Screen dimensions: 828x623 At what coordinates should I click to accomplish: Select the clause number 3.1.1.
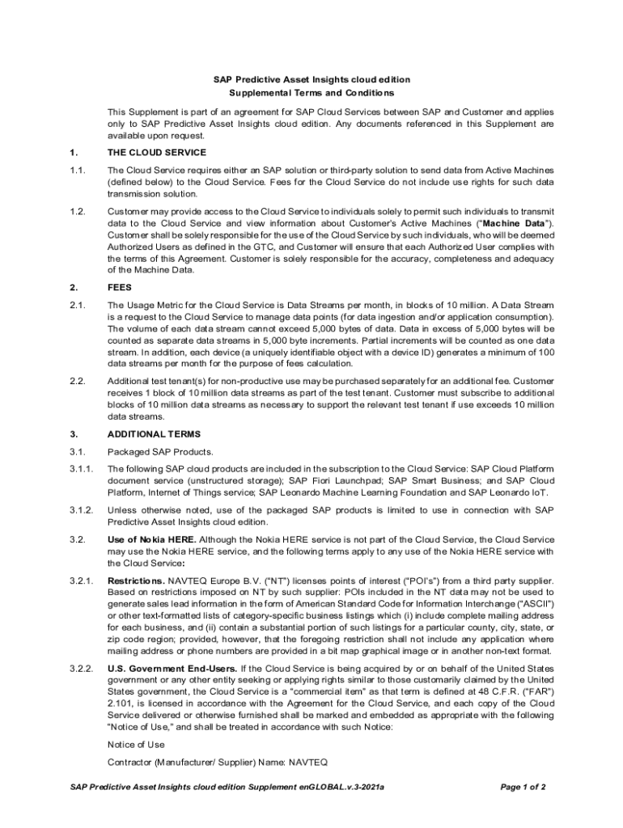pos(81,468)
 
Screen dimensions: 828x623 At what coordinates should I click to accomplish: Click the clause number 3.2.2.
pos(81,669)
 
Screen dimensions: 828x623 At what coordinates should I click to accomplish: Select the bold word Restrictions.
pos(136,581)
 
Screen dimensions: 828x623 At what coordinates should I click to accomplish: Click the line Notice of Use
pos(136,744)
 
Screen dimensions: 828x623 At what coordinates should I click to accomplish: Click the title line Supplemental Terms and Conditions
pos(311,93)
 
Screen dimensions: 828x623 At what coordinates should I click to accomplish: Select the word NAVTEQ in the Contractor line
pos(308,762)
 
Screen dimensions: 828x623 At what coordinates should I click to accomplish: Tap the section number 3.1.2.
pos(81,510)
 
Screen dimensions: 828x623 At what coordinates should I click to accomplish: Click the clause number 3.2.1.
pos(81,581)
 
